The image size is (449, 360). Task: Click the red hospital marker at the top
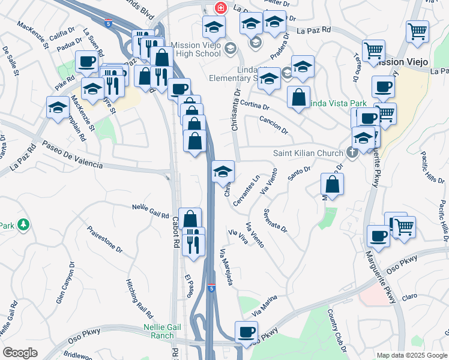(220, 8)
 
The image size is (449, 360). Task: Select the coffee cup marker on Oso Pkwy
(246, 332)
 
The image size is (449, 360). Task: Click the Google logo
(20, 353)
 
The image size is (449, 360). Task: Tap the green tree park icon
(23, 225)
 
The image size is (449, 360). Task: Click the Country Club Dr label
(337, 329)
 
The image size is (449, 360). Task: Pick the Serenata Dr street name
(275, 221)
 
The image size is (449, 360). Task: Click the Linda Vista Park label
(337, 104)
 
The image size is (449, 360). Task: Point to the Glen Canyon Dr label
(66, 283)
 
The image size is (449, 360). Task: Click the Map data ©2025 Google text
(411, 355)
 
